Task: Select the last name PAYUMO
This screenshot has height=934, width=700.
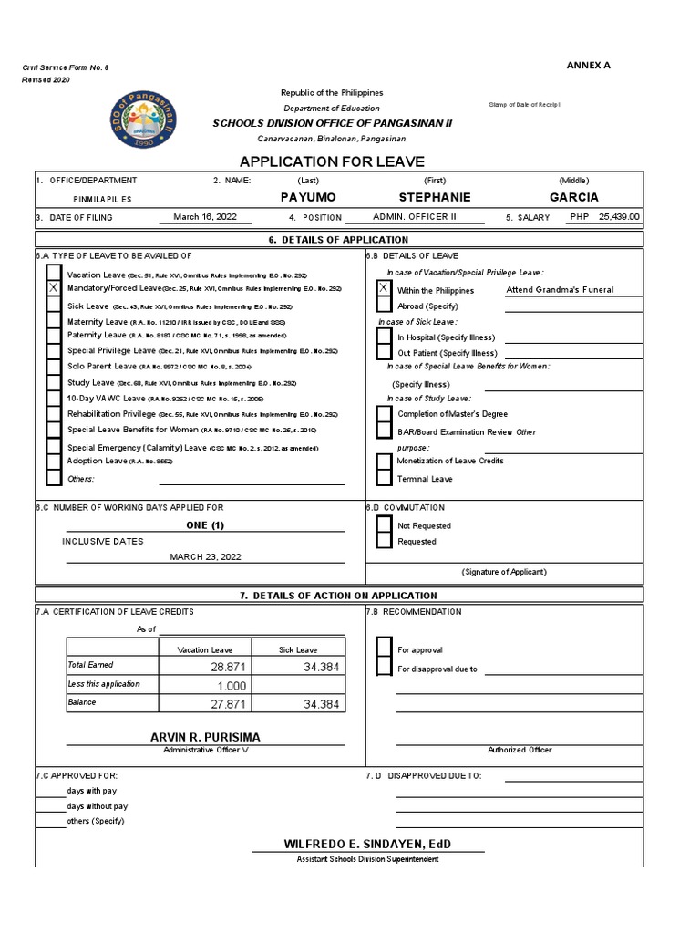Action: coord(308,197)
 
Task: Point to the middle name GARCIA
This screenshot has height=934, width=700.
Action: coord(574,197)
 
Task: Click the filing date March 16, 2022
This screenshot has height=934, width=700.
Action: coord(210,217)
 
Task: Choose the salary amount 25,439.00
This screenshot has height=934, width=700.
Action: coord(619,217)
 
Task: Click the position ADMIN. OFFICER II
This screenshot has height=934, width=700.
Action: coord(415,217)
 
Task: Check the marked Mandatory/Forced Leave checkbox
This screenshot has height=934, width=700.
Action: coord(54,289)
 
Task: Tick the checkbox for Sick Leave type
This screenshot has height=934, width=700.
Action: coord(54,306)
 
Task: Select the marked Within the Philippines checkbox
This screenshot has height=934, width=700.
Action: coord(384,289)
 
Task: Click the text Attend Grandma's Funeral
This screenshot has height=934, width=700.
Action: coord(560,290)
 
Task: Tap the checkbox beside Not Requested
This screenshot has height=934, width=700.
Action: coord(384,524)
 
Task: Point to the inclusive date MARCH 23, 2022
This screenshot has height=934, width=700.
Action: coord(206,556)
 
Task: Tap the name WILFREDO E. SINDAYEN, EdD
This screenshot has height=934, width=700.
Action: coord(367,845)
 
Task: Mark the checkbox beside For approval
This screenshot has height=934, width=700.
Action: coord(384,649)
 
